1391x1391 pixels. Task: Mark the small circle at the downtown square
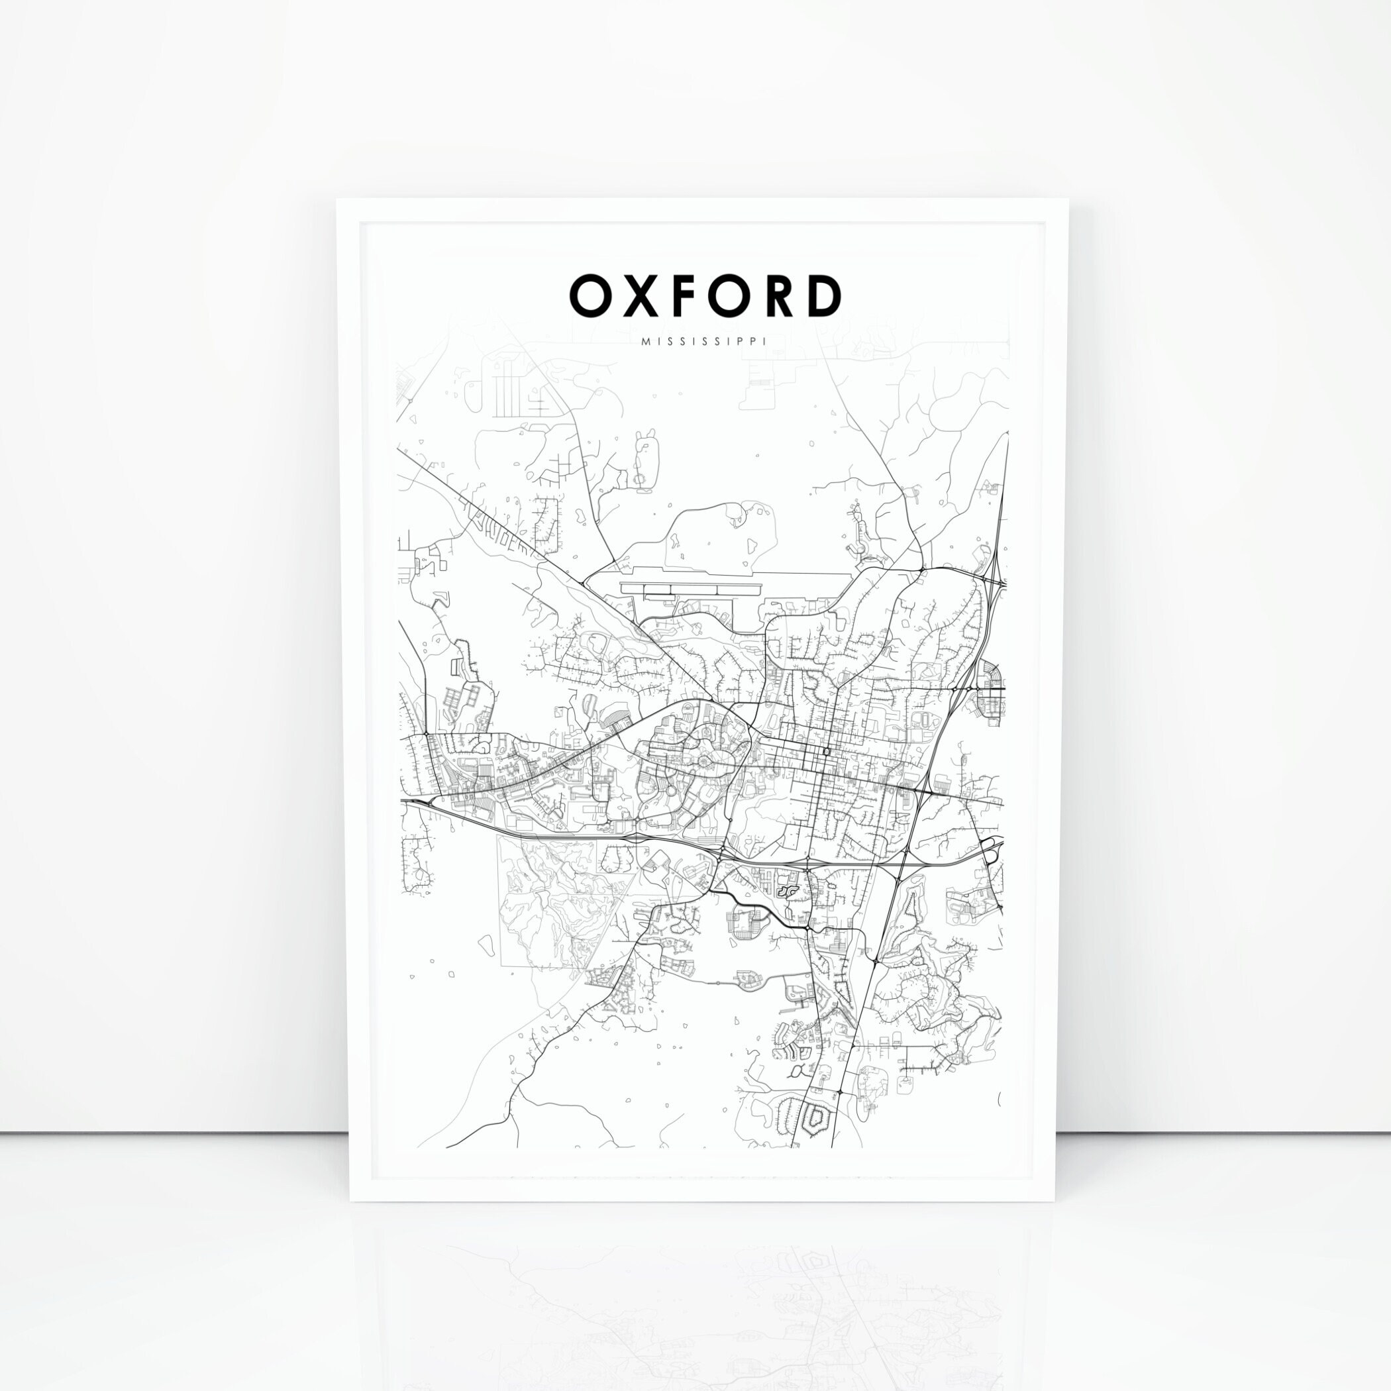point(826,752)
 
